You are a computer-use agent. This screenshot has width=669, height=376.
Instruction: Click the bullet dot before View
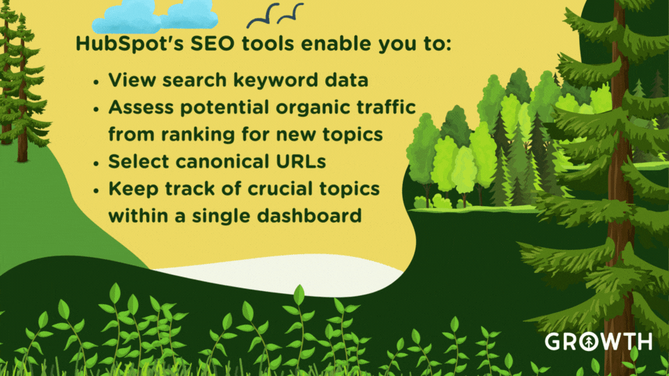(95, 81)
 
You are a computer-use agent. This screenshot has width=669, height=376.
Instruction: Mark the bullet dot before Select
(95, 162)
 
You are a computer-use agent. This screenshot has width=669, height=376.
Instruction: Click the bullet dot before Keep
(95, 189)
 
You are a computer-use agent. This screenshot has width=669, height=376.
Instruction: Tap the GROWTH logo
(598, 341)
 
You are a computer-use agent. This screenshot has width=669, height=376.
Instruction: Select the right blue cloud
(189, 16)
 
